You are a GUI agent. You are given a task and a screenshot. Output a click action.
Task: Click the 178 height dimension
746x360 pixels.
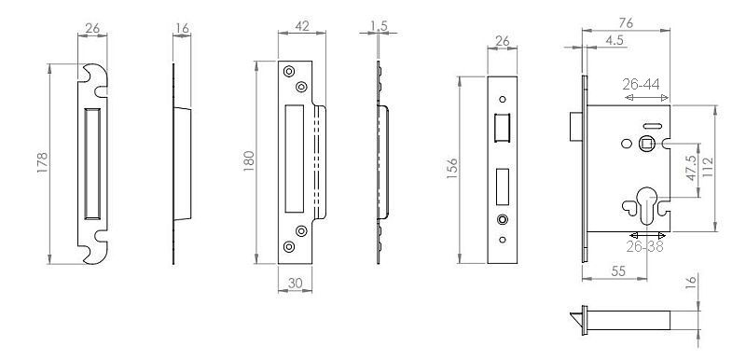[43, 162]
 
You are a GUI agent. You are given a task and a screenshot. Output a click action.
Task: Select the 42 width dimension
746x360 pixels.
[302, 26]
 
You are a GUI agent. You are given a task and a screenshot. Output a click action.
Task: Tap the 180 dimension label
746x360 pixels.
[249, 160]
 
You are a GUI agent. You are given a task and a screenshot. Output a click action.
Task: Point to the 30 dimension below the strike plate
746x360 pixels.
[295, 284]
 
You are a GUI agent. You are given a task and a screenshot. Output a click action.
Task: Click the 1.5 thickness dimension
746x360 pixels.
[380, 26]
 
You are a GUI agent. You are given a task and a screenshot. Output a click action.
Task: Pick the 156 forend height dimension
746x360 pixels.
[452, 169]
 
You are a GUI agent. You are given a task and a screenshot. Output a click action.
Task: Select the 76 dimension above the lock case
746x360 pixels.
[626, 23]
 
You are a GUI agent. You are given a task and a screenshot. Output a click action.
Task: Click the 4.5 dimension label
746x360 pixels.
[615, 40]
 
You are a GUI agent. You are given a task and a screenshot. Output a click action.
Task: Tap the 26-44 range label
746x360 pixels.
[641, 84]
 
